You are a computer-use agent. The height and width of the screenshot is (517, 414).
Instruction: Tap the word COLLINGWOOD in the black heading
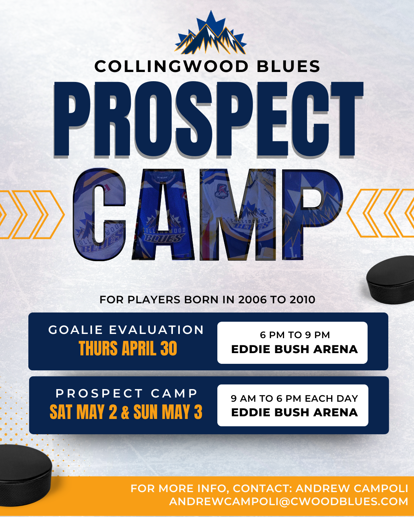coord(171,66)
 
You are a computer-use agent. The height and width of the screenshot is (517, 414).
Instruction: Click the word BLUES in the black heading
coord(288,66)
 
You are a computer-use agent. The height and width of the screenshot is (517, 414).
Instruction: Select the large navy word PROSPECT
coord(208,119)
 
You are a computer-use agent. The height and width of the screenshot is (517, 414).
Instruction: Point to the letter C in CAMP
coord(99,214)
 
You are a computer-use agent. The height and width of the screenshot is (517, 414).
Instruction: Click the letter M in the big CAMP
coord(238,214)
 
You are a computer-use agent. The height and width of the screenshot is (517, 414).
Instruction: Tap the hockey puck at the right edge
coord(390,280)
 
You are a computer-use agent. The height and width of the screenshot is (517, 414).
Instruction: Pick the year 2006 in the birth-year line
coord(252,299)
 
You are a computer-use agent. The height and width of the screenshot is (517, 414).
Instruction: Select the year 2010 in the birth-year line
coord(302,299)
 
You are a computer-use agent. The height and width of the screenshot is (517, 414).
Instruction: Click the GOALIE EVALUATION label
coord(126,330)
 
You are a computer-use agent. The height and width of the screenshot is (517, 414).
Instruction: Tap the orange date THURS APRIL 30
coord(128,348)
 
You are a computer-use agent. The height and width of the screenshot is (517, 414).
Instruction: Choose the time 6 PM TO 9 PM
coord(295,335)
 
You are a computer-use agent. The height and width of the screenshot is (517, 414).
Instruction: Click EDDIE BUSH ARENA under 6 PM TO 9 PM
coord(294,349)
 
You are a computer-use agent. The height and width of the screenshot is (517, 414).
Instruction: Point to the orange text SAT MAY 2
coord(84,412)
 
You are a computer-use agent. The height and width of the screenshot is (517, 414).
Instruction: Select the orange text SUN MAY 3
coord(168,412)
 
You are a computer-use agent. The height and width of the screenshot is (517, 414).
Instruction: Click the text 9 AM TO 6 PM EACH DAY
coord(294,398)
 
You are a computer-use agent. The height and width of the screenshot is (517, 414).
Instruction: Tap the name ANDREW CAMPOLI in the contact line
coord(352,488)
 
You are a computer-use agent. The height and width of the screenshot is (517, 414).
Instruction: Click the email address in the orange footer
coord(289,501)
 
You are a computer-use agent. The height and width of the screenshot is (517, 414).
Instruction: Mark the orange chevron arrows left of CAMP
coord(32,214)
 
